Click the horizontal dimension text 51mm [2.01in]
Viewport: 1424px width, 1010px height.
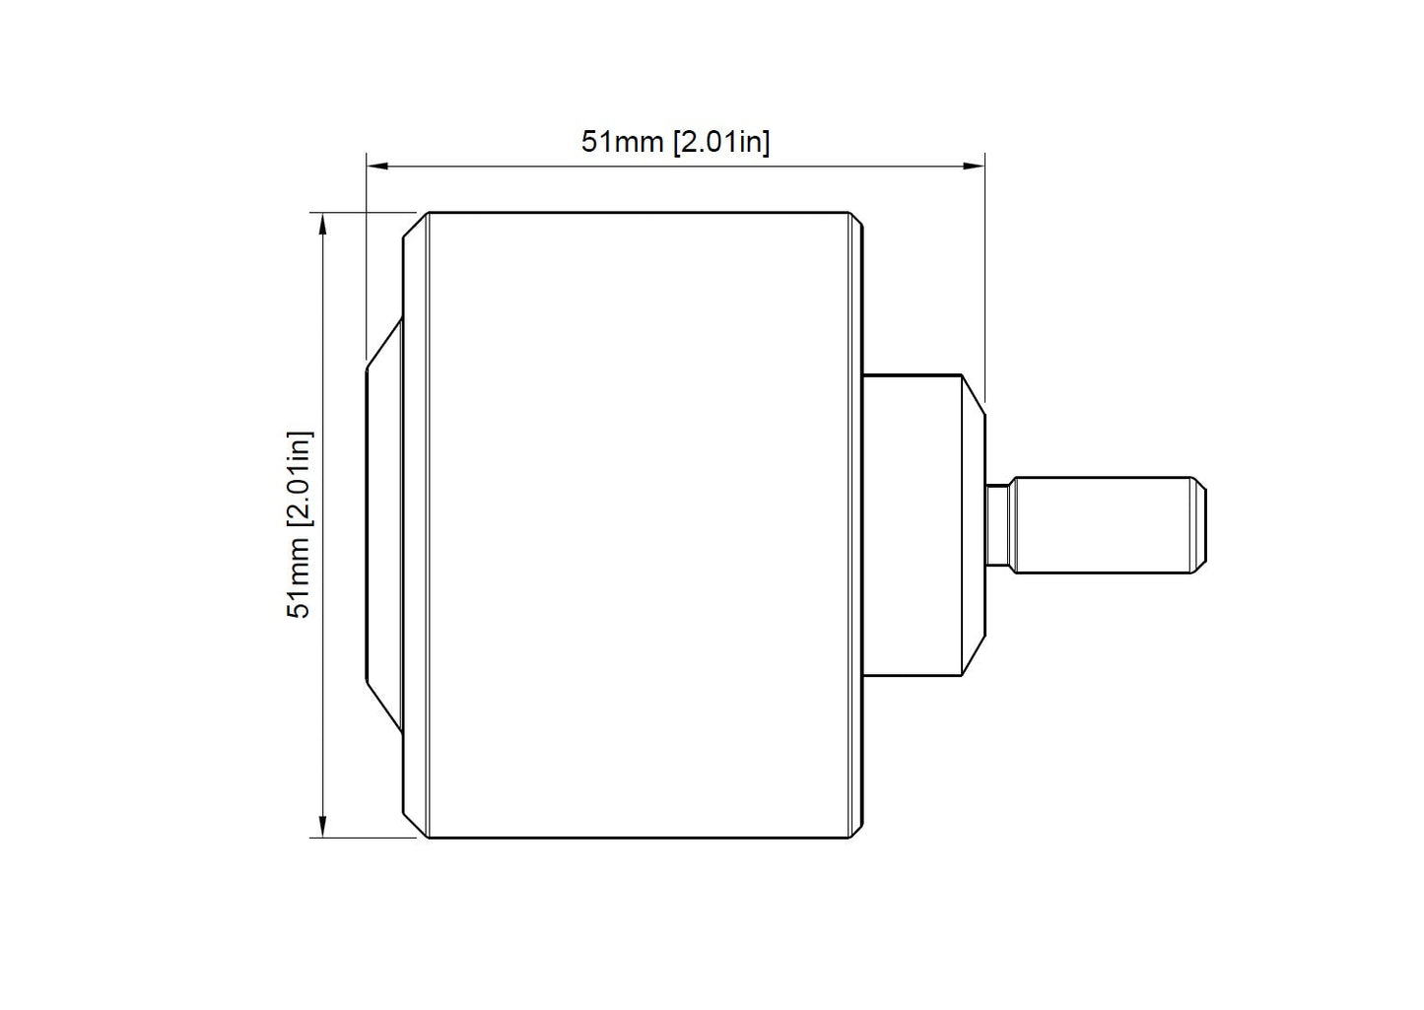[x=675, y=142]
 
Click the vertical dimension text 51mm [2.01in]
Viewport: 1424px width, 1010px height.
[x=300, y=525]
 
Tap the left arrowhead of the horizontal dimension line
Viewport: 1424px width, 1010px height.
[x=377, y=167]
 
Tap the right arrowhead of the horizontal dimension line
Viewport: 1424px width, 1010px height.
[x=974, y=167]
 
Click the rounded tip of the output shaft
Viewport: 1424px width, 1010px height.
[x=1198, y=525]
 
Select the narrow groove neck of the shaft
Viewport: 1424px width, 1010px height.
[x=998, y=525]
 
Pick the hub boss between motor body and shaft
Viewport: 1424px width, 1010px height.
[x=923, y=525]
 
